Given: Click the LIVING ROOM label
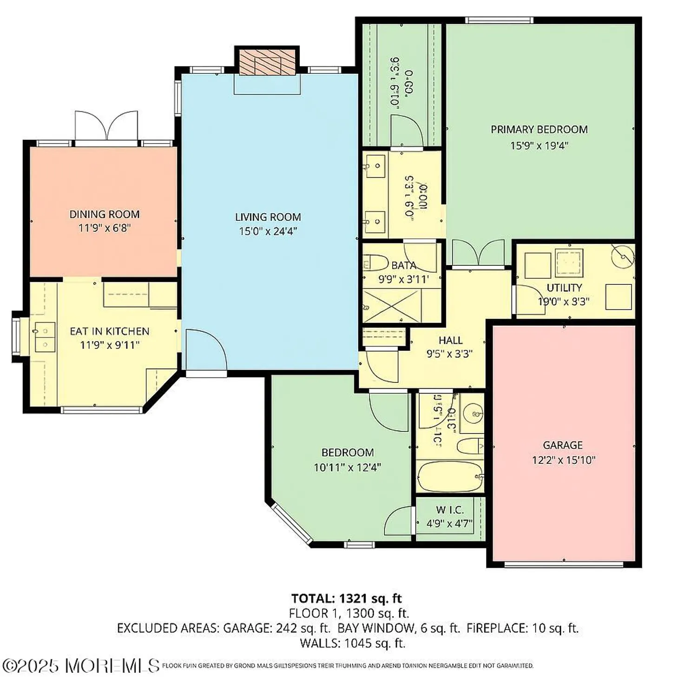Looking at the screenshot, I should point(268,217).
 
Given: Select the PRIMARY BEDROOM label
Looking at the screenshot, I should point(539,130).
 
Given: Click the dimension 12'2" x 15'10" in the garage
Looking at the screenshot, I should point(563,460).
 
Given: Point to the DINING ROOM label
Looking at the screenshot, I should point(105,214).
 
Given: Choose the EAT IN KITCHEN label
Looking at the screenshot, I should point(110,331).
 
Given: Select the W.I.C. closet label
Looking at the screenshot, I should point(449,510).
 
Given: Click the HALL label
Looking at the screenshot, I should point(450,340).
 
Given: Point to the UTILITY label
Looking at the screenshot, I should point(564,288).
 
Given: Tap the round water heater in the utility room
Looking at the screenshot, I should point(623,256).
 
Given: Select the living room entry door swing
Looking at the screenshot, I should point(205,348).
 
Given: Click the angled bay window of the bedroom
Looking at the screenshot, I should point(292,523).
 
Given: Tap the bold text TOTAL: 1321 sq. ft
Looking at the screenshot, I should point(346,598).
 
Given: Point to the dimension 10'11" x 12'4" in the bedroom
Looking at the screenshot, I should point(347,467).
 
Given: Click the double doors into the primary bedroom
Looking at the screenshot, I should point(478,253).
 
